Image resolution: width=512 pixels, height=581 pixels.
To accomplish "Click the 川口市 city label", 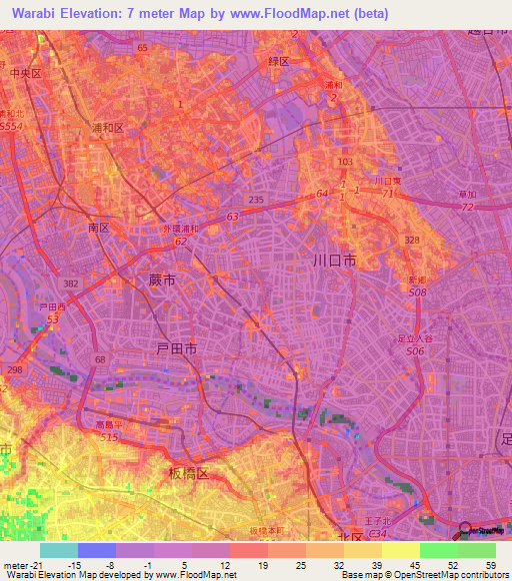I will click(x=334, y=262).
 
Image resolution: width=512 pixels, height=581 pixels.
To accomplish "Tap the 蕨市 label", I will click(x=161, y=282).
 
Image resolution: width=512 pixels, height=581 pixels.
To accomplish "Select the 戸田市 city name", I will click(x=176, y=347).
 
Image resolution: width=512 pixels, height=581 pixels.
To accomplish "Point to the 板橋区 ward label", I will click(x=187, y=473).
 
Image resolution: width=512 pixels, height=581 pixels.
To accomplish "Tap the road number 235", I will click(x=256, y=201).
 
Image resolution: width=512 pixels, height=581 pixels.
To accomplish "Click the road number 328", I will click(x=411, y=241).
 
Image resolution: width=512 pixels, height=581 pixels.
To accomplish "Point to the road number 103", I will click(x=345, y=161).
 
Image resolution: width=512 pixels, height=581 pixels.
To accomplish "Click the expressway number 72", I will click(x=467, y=207).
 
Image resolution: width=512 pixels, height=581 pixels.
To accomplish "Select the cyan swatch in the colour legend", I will click(x=58, y=550).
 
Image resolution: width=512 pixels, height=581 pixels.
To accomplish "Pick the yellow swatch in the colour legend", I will click(x=400, y=550).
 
